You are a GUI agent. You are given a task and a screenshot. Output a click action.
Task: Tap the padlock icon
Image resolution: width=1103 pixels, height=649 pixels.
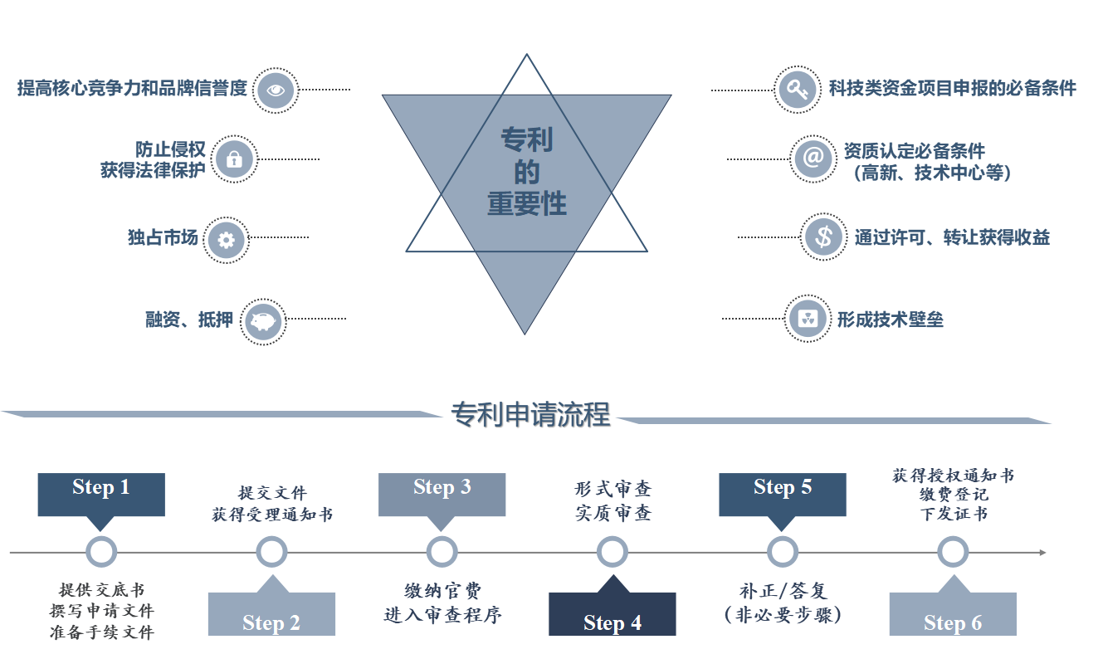click(234, 159)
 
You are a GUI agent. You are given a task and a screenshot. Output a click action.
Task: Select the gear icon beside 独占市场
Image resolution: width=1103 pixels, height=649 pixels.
click(227, 240)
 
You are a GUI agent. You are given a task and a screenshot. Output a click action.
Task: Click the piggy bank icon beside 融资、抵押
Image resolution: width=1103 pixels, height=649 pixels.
click(263, 320)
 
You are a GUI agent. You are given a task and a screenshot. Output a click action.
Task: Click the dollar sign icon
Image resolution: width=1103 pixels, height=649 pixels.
click(823, 237)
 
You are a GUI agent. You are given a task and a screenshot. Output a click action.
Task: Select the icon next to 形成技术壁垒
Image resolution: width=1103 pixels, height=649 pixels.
click(807, 319)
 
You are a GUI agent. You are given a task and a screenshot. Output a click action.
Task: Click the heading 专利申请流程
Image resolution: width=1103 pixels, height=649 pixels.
click(530, 414)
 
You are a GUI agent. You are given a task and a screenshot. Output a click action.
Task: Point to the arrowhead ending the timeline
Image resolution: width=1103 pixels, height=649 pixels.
click(1042, 552)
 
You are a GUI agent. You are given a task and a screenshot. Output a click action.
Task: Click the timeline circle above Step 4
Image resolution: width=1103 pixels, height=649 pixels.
click(613, 552)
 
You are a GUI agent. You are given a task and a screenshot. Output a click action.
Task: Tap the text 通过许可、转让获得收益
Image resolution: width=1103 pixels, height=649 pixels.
click(952, 238)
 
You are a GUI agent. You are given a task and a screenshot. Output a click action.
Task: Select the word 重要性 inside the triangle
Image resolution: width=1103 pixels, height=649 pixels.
click(527, 204)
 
